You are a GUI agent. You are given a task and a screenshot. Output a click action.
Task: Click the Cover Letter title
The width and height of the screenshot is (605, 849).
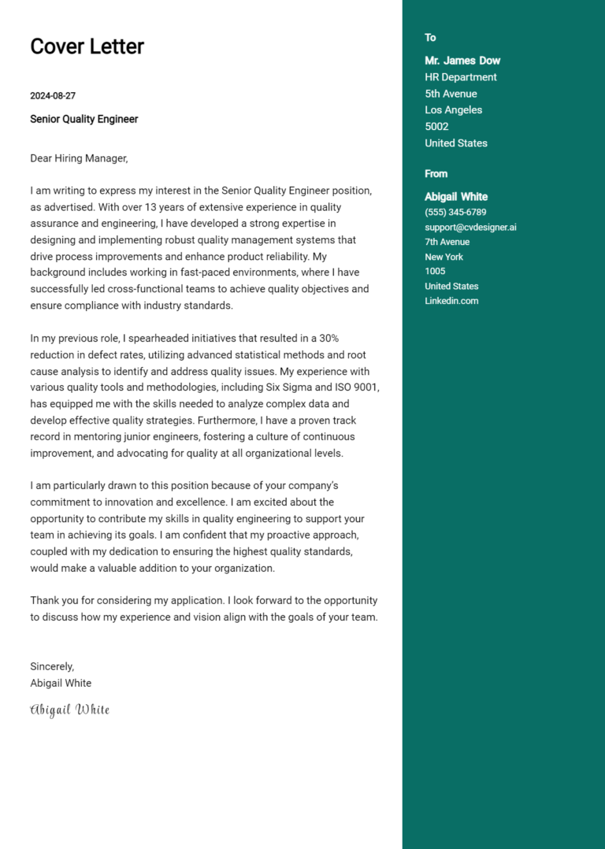(87, 46)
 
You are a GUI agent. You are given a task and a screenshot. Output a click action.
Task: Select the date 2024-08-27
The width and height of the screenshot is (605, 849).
(53, 96)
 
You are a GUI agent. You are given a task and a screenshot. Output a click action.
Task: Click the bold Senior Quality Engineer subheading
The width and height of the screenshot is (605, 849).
(84, 119)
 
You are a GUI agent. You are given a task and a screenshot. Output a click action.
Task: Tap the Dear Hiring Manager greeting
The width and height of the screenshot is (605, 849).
(79, 158)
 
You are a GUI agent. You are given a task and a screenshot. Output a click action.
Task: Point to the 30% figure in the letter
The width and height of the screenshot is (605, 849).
(328, 338)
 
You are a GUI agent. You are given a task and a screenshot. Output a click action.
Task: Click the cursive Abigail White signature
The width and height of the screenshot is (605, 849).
(69, 710)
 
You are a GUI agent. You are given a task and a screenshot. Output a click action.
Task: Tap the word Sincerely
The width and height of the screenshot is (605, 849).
(52, 666)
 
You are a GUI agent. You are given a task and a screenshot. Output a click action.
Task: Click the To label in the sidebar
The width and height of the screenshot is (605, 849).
(430, 38)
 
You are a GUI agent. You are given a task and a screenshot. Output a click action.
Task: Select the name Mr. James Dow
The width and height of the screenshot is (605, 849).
(462, 61)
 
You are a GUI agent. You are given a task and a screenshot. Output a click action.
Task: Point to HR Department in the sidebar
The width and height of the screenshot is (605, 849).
(461, 77)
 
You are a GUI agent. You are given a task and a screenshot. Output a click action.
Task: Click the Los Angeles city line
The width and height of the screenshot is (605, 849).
(453, 110)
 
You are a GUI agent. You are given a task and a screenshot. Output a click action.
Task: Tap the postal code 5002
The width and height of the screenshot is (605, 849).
(436, 127)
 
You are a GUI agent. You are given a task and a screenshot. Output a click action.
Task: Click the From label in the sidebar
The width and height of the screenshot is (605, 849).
(436, 174)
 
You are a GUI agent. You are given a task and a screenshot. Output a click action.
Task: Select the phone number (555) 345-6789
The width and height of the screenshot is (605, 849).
(455, 213)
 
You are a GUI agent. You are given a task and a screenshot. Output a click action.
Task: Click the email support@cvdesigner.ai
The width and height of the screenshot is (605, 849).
(470, 228)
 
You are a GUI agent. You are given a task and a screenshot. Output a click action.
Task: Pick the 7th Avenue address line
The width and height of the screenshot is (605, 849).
(447, 242)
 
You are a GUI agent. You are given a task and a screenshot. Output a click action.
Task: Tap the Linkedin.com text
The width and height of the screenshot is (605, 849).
(451, 301)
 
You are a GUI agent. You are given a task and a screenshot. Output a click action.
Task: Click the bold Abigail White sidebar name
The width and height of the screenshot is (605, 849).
(456, 197)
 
